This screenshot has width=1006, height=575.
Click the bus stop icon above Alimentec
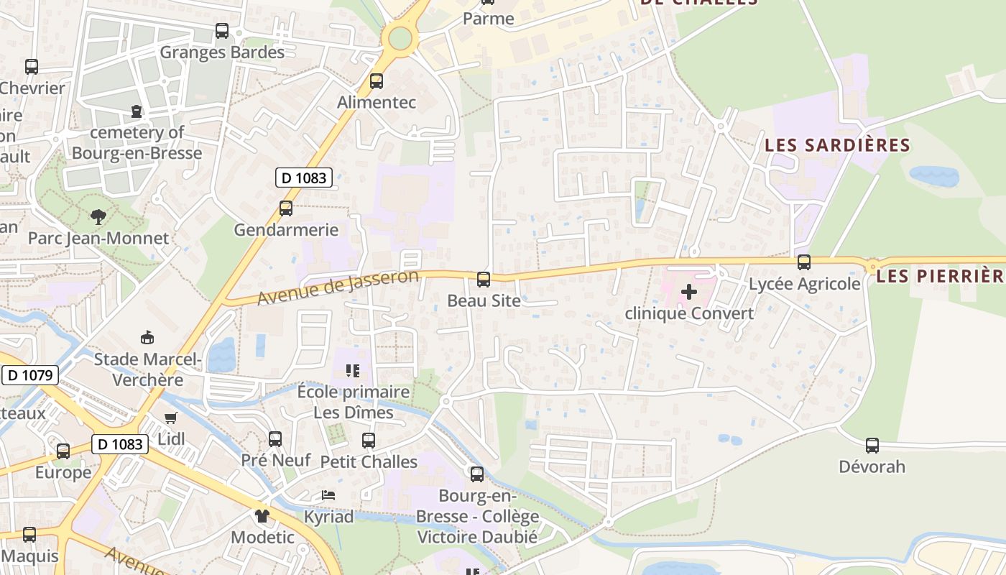point(376,81)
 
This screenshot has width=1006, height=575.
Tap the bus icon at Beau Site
point(484,279)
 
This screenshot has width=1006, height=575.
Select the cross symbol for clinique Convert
point(688,292)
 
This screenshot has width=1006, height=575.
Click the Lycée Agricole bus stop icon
point(804,262)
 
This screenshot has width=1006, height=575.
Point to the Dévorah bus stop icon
point(872,445)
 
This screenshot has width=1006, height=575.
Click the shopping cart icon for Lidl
point(170,418)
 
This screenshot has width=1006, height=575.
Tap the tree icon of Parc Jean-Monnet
point(98,216)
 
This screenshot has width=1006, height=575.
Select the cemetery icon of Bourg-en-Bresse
point(137,111)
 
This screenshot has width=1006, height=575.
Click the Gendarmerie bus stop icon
point(286,208)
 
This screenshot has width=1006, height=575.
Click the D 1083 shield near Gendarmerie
point(304,178)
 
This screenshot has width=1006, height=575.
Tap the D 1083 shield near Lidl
point(120,444)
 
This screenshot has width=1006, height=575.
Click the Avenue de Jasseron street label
point(338,287)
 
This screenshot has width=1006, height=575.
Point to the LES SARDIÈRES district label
point(837,145)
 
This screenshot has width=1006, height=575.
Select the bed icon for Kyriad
point(328,495)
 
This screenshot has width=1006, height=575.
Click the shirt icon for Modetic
point(262,515)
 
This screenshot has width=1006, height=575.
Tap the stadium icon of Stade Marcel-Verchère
point(147,338)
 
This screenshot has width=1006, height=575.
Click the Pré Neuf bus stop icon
point(275,438)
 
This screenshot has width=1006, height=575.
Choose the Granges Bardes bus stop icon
point(222,31)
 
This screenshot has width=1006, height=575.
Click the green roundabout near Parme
point(400,38)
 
